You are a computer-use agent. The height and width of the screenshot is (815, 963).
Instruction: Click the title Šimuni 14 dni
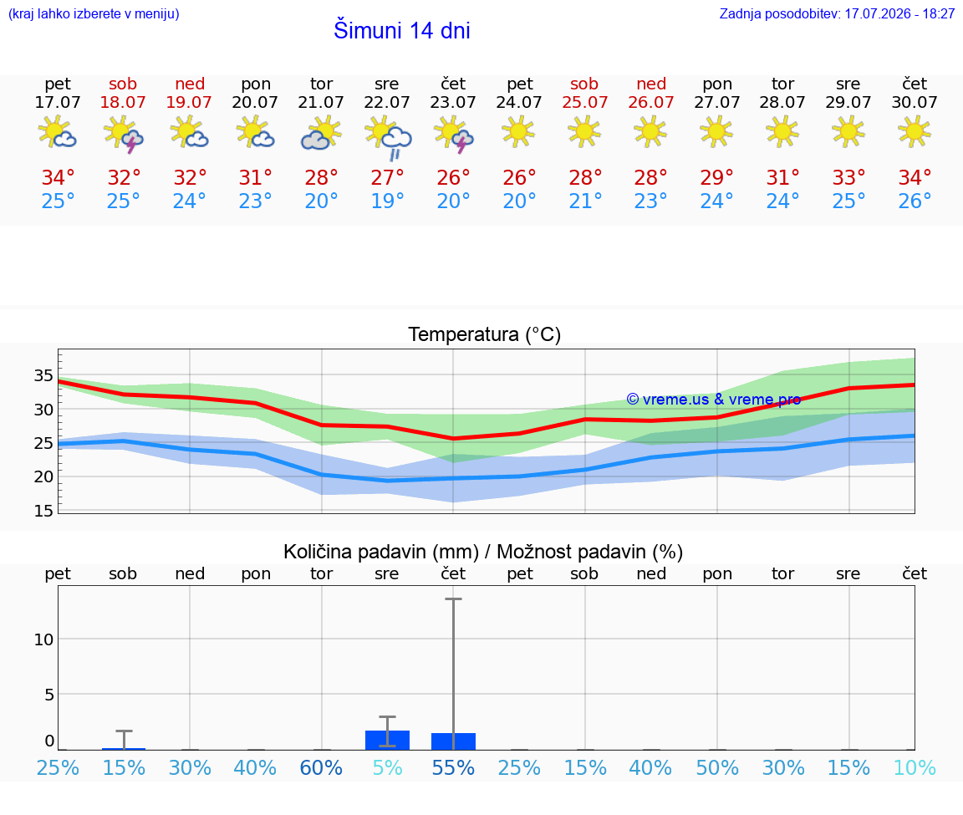click(401, 30)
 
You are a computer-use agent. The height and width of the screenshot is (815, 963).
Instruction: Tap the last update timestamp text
click(837, 13)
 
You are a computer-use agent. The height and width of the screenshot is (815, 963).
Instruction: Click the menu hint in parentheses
click(94, 13)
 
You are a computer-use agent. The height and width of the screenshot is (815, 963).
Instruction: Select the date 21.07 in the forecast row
click(321, 102)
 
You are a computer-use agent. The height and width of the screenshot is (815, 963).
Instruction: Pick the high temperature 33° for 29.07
click(848, 177)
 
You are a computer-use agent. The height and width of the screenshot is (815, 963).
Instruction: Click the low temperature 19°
click(388, 201)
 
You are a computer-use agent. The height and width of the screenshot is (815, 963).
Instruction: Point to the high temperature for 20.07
click(256, 177)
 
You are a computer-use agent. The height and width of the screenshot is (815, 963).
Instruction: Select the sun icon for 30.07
click(915, 132)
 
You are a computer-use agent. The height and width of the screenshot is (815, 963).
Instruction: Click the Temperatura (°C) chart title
click(485, 334)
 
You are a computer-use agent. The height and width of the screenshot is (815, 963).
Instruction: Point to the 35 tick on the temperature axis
click(43, 375)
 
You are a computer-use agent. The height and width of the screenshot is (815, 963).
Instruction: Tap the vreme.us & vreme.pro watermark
click(714, 400)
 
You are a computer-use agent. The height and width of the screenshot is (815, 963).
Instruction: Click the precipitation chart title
click(482, 552)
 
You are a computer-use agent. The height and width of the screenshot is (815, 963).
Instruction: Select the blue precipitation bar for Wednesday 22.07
click(388, 740)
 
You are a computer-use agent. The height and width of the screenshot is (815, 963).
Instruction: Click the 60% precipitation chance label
click(321, 767)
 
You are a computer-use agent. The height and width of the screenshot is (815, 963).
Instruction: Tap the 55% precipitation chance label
click(453, 767)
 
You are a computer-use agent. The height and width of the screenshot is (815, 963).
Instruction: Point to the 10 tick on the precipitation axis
click(43, 639)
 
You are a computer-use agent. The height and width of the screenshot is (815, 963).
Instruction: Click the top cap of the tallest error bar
click(453, 599)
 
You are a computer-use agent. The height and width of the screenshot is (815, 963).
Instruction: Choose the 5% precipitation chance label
click(388, 767)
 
